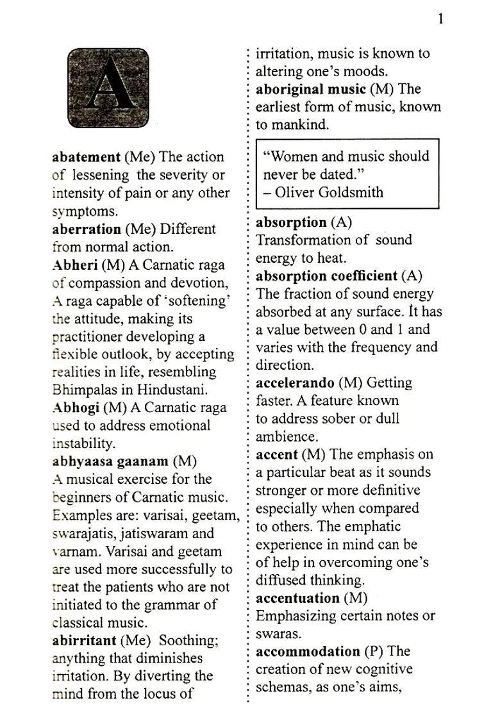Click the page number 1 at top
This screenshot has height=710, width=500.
coord(440,19)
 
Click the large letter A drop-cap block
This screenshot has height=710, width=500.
coord(108,87)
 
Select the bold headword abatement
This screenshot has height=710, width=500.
coord(86,157)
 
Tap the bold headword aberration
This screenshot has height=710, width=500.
coord(86,229)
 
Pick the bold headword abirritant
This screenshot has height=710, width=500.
coord(84,640)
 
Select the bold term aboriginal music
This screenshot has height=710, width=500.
coord(311,89)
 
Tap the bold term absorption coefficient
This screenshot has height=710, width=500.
coord(326,276)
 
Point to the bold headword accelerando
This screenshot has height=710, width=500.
coord(295,383)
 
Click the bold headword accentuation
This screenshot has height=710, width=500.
coord(298,599)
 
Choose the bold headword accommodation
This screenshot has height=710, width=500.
coord(308,652)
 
